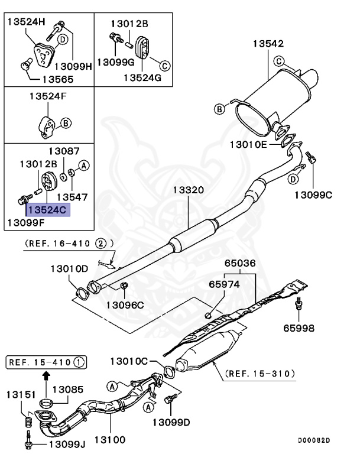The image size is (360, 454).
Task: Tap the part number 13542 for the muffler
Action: [268, 43]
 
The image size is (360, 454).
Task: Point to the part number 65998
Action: [298, 327]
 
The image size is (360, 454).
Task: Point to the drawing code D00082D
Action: [314, 440]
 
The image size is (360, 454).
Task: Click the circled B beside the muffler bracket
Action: [219, 109]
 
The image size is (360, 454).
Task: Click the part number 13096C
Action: [125, 305]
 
